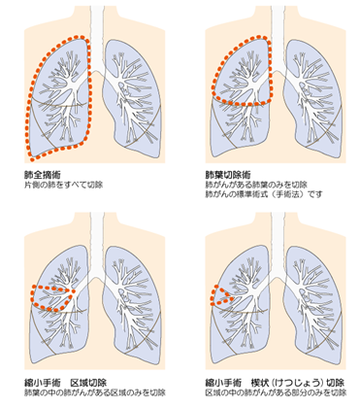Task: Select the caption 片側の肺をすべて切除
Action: [64, 185]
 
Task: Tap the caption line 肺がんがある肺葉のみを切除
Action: [256, 185]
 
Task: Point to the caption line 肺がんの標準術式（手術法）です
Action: [264, 194]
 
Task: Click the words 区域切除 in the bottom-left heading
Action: [88, 383]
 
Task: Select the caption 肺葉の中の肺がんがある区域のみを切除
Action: [95, 392]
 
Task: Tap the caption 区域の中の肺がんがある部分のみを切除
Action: [276, 392]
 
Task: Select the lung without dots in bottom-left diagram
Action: [133, 304]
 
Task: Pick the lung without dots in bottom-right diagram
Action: [313, 304]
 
